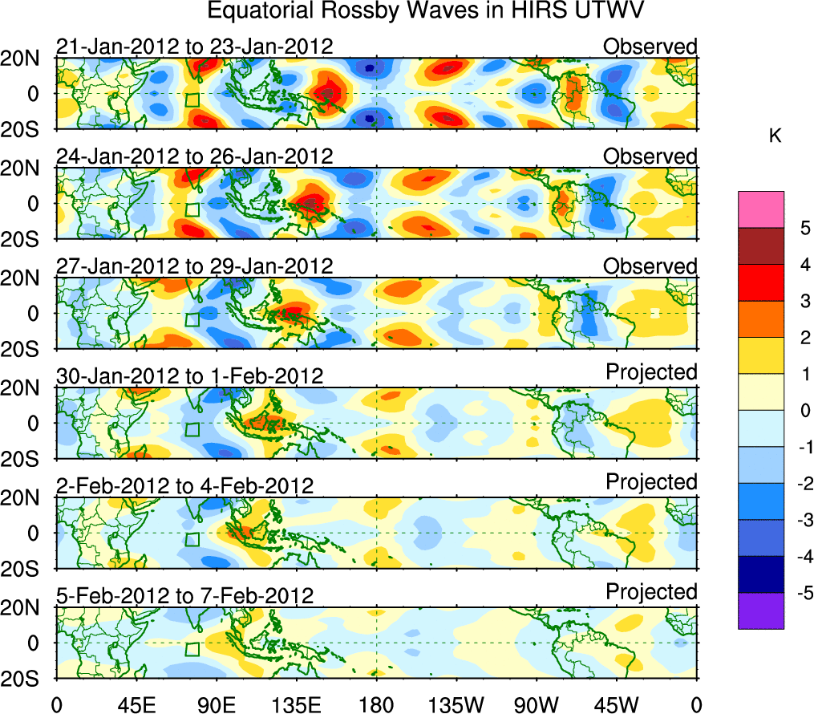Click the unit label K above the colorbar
pyautogui.click(x=775, y=136)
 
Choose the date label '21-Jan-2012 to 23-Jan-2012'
pyautogui.click(x=194, y=47)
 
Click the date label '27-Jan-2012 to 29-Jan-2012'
pyautogui.click(x=194, y=266)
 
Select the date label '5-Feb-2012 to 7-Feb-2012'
pyautogui.click(x=184, y=595)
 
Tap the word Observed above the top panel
pyautogui.click(x=650, y=47)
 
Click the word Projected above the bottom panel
pyautogui.click(x=651, y=592)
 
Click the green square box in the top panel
pyautogui.click(x=192, y=100)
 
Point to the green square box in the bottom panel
pyautogui.click(x=192, y=649)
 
